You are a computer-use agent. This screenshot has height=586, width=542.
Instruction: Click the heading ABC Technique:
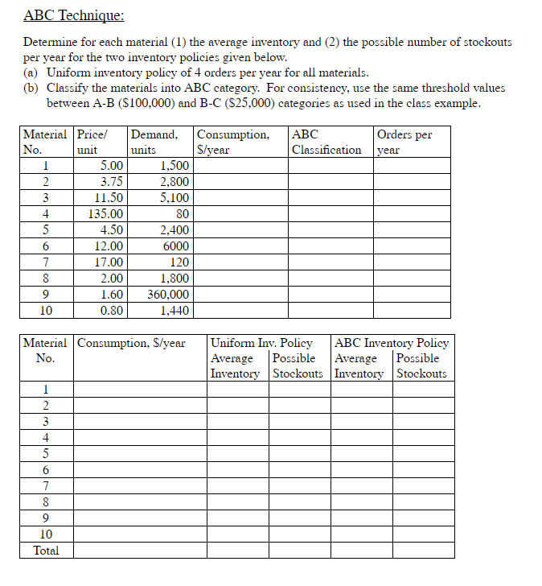click(73, 15)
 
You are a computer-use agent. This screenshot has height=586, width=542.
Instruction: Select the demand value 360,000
click(168, 294)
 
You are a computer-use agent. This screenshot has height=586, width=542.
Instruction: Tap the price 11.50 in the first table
click(109, 197)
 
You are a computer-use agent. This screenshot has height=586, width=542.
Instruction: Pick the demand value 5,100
click(175, 197)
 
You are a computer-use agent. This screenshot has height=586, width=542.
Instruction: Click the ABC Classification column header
click(326, 142)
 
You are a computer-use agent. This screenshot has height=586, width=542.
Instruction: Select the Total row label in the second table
click(46, 551)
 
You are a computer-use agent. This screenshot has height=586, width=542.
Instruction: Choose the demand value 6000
click(176, 246)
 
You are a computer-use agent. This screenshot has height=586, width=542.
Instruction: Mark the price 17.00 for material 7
click(109, 262)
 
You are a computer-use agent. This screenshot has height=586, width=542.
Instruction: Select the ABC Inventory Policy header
click(391, 343)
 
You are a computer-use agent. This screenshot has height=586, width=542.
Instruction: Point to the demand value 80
click(182, 213)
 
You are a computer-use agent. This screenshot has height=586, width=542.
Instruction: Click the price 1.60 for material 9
click(112, 294)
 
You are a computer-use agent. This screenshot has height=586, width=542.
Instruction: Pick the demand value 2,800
click(175, 181)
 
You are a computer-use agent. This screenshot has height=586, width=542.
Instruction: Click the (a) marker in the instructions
click(32, 72)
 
